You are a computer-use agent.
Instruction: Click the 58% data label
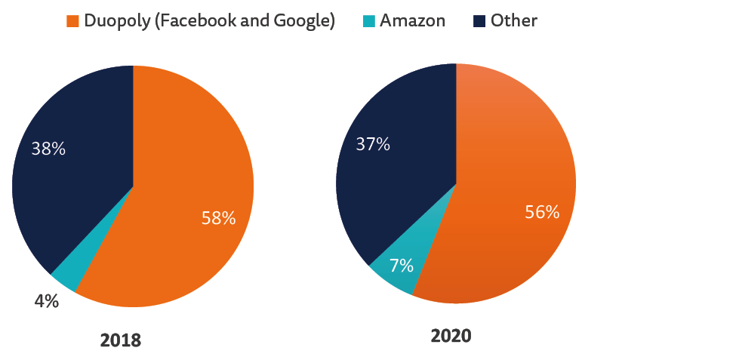pyautogui.click(x=218, y=219)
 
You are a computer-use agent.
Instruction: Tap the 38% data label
pyautogui.click(x=48, y=149)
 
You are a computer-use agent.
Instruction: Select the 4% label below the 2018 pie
pyautogui.click(x=46, y=300)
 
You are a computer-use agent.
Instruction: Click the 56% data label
pyautogui.click(x=542, y=212)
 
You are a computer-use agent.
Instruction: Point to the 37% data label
pyautogui.click(x=373, y=143)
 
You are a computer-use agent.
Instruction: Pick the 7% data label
pyautogui.click(x=401, y=265)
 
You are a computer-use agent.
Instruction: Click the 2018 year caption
pyautogui.click(x=121, y=340)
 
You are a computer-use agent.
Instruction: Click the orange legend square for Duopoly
pyautogui.click(x=73, y=21)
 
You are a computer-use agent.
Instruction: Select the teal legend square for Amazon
pyautogui.click(x=368, y=21)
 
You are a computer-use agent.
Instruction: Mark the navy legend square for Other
pyautogui.click(x=479, y=21)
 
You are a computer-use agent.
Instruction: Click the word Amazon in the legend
pyautogui.click(x=412, y=21)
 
